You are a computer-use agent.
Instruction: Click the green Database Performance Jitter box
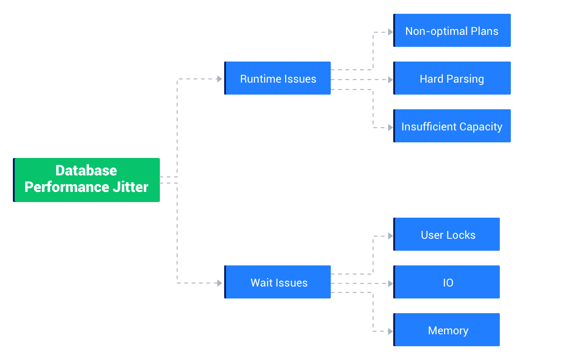(x=86, y=180)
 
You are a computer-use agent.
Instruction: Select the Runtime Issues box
(x=277, y=79)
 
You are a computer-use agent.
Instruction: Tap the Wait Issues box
(x=277, y=282)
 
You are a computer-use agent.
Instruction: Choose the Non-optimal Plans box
(x=452, y=31)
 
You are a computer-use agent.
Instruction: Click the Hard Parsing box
(x=452, y=79)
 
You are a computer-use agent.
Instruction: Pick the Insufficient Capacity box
(x=452, y=126)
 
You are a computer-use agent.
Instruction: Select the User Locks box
(x=447, y=235)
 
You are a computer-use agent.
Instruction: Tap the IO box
(x=447, y=282)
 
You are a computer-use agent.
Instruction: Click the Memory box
(x=447, y=330)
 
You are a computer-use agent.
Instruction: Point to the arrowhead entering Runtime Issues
(x=220, y=79)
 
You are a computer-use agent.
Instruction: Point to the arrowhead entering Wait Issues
(x=220, y=283)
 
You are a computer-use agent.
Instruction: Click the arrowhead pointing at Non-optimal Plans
(x=390, y=32)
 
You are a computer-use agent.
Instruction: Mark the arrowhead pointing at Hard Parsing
(x=390, y=80)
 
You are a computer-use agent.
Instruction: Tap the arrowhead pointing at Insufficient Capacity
(x=390, y=128)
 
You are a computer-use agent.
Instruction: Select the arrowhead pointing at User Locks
(x=390, y=236)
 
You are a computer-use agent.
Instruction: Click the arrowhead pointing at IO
(x=390, y=284)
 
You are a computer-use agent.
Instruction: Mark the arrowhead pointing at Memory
(x=390, y=332)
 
